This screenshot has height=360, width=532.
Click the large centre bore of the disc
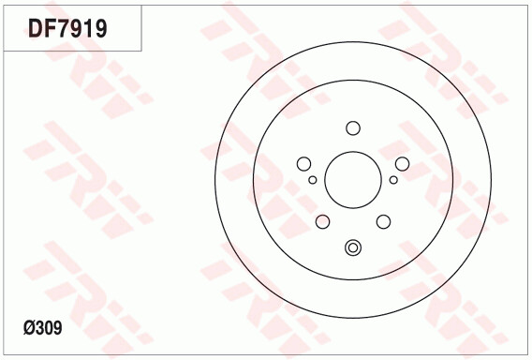tap(353, 180)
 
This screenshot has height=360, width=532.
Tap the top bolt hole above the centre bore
tap(353, 128)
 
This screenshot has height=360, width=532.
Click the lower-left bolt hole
tap(323, 221)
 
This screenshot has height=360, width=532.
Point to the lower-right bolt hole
tap(383, 221)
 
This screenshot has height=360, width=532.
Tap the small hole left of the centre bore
tap(313, 179)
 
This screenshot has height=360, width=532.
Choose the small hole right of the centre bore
tap(393, 179)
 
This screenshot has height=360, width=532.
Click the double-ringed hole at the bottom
tap(353, 247)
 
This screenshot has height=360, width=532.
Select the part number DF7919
tap(66, 28)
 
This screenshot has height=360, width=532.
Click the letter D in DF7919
tap(35, 28)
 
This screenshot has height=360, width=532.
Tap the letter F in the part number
tap(49, 28)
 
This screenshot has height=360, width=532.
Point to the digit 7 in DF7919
tap(62, 28)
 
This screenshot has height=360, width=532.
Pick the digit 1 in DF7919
tap(86, 28)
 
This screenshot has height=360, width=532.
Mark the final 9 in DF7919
tap(99, 28)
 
